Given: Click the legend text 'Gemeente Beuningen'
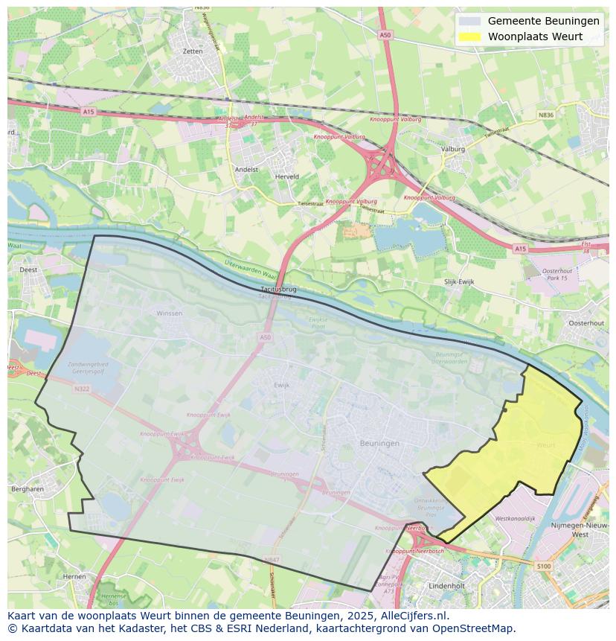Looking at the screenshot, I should click(x=543, y=22).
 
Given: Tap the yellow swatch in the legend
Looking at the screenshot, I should click(x=469, y=36).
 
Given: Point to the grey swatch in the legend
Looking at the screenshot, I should click(x=469, y=22).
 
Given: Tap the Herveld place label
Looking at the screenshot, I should click(x=286, y=176).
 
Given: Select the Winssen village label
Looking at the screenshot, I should click(x=169, y=313).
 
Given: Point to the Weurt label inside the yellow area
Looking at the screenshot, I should click(x=545, y=445).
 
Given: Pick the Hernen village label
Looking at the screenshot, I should click(x=74, y=576).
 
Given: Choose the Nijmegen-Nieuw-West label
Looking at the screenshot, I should click(x=580, y=529).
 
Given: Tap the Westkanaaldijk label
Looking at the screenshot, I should click(x=515, y=518).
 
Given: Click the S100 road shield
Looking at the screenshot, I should click(x=544, y=567).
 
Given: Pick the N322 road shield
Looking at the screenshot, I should click(x=82, y=389).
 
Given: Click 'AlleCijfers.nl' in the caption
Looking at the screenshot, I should click(x=412, y=616).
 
